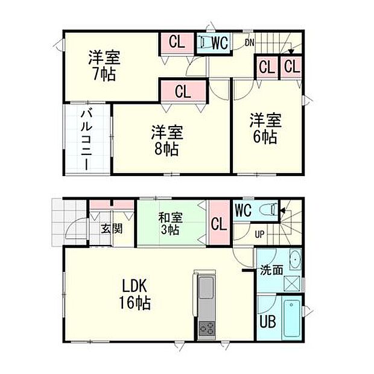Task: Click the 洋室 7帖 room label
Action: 104,66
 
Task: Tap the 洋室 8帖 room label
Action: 166,141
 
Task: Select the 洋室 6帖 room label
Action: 265,128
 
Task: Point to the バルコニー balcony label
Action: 87,139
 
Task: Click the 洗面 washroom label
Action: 271,270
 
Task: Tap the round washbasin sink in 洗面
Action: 294,260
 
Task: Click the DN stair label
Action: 249,42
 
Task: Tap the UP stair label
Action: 261,234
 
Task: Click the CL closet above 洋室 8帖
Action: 183,92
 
